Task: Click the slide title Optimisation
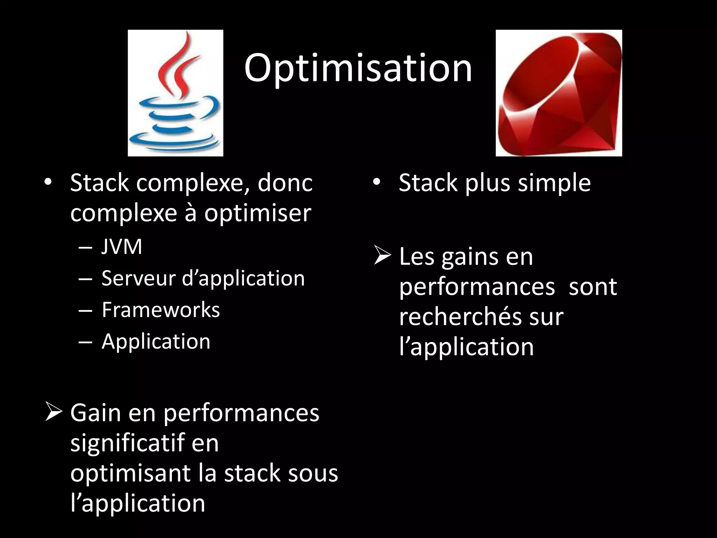click(x=358, y=68)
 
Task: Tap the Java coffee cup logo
click(x=175, y=93)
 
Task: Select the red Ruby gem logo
click(x=559, y=93)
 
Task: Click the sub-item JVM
click(x=121, y=247)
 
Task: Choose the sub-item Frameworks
click(x=161, y=310)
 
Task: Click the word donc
click(x=285, y=183)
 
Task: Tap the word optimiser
click(x=258, y=213)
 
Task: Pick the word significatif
click(x=127, y=443)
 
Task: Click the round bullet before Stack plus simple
click(x=376, y=182)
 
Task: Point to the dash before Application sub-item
click(x=86, y=342)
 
